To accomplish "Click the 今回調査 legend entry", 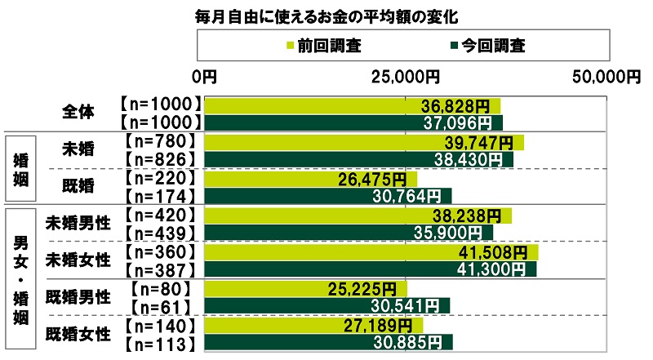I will (486, 47).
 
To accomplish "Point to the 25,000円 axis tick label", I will (406, 77).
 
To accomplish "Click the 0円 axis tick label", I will (204, 77).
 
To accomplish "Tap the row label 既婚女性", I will (78, 332).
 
